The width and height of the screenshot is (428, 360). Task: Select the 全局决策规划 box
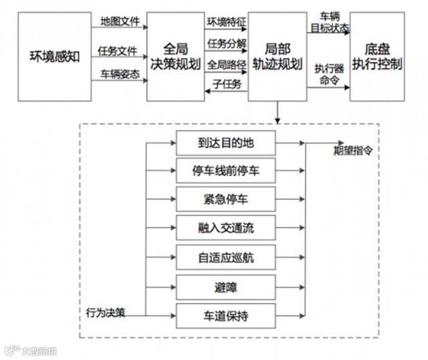[175, 56]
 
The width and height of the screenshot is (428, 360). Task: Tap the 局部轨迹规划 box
[278, 56]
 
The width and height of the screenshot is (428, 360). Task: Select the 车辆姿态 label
[120, 74]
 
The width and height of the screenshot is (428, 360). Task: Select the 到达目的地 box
[226, 143]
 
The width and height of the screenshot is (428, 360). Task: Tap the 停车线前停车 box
[226, 171]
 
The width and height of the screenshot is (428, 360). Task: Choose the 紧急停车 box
[226, 200]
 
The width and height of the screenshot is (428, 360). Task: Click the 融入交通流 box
[226, 229]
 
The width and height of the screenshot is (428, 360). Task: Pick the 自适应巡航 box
[226, 258]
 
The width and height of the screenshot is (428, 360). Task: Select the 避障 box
[226, 287]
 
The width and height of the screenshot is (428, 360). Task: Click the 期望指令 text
[353, 151]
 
